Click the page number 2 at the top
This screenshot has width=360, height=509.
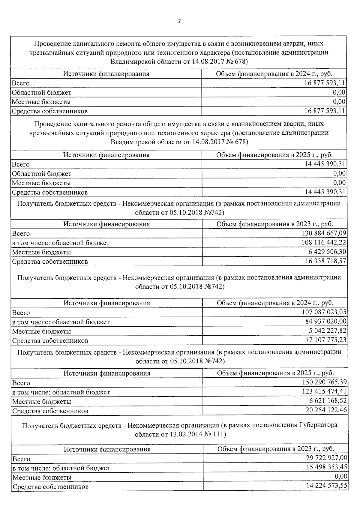[x=179, y=21]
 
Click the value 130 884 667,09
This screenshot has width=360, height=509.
[x=323, y=233]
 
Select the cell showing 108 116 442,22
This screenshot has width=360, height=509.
[x=323, y=243]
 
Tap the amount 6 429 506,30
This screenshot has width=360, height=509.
[x=327, y=252]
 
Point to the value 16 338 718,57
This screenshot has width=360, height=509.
[x=325, y=261]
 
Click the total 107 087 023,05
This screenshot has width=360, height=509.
[x=324, y=312]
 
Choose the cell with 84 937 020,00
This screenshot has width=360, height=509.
[x=325, y=322]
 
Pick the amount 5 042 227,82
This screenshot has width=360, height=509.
[x=327, y=331]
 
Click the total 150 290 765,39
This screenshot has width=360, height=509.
[x=324, y=382]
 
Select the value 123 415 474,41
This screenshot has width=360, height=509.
[x=324, y=392]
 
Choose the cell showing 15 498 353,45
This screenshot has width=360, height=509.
[x=326, y=467]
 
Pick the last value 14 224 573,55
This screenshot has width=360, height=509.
[x=326, y=486]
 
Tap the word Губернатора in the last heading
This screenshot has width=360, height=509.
[x=318, y=425]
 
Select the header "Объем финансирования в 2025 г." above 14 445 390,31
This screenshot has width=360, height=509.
[x=274, y=155]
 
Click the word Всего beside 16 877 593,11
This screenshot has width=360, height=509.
[x=21, y=83]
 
